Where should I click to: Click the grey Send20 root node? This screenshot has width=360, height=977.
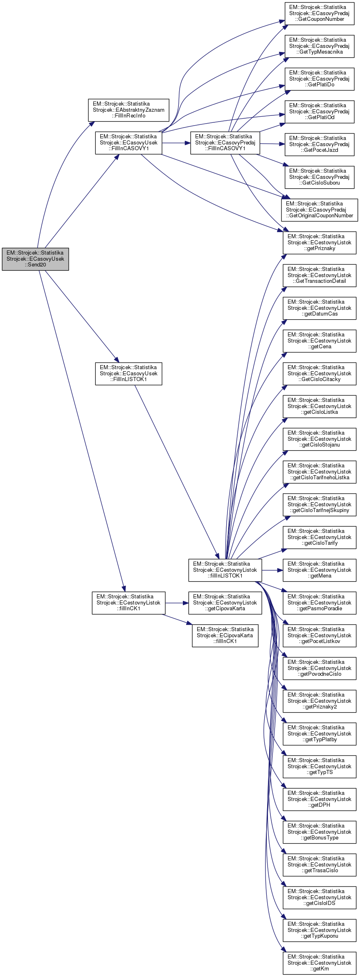pyautogui.click(x=35, y=259)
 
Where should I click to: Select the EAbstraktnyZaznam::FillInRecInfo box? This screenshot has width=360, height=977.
pyautogui.click(x=128, y=110)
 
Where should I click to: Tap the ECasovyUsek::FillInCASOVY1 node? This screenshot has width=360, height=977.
pyautogui.click(x=128, y=142)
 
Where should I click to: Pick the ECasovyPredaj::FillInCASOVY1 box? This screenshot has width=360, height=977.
pyautogui.click(x=225, y=142)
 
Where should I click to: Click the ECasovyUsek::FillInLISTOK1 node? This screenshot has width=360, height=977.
pyautogui.click(x=128, y=373)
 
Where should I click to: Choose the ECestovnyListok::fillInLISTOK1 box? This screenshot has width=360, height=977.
pyautogui.click(x=225, y=570)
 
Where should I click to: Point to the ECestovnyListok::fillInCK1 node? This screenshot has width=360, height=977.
pyautogui.click(x=128, y=602)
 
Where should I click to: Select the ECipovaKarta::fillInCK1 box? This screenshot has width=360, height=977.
pyautogui.click(x=225, y=635)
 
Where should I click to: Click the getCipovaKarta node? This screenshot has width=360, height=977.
pyautogui.click(x=225, y=602)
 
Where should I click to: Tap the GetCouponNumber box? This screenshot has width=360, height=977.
pyautogui.click(x=319, y=13)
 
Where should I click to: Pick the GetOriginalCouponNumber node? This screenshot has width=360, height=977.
pyautogui.click(x=319, y=210)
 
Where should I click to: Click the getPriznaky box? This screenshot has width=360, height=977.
pyautogui.click(x=319, y=242)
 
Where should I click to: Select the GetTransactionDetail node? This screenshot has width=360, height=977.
pyautogui.click(x=319, y=275)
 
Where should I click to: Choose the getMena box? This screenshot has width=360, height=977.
pyautogui.click(x=319, y=570)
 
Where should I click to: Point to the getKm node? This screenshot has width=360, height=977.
pyautogui.click(x=319, y=963)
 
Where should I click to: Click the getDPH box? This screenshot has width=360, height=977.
pyautogui.click(x=319, y=799)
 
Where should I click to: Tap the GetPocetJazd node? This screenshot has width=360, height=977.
pyautogui.click(x=319, y=144)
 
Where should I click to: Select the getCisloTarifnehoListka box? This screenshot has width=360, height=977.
pyautogui.click(x=319, y=472)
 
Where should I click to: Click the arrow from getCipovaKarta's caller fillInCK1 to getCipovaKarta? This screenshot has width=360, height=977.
pyautogui.click(x=177, y=602)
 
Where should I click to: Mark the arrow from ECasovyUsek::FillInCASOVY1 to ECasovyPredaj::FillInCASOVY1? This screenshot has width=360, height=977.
pyautogui.click(x=176, y=143)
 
